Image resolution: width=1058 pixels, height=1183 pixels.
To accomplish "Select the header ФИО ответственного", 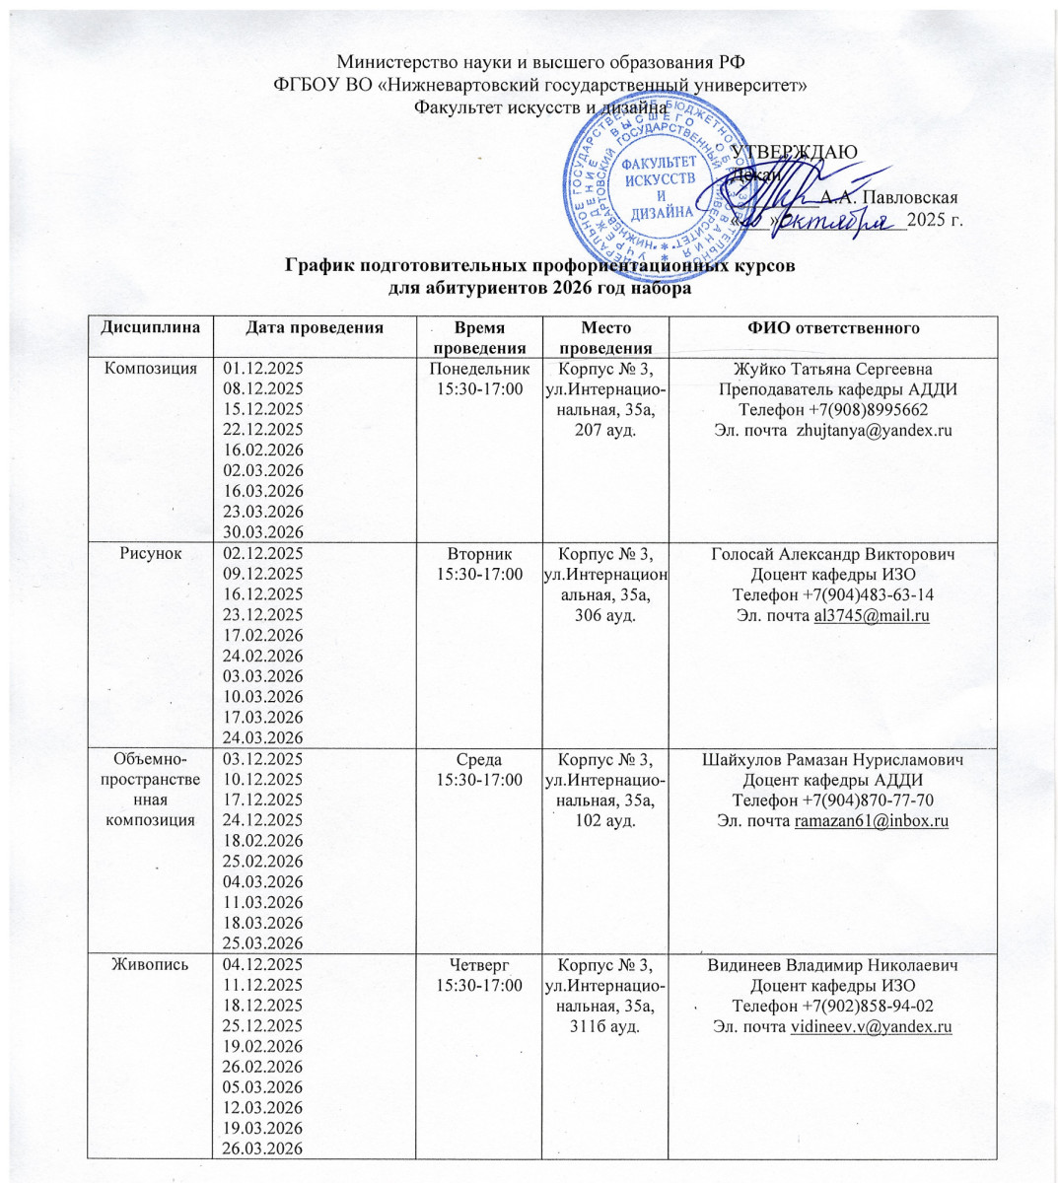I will tap(832, 327).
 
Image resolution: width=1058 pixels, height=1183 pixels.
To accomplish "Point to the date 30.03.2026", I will tap(264, 532).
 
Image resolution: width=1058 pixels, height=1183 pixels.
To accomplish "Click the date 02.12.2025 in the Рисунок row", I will tap(264, 553).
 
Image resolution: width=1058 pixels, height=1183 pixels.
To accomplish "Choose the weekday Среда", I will tap(476, 759).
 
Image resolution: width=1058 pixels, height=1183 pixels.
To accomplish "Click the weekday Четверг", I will tap(476, 965).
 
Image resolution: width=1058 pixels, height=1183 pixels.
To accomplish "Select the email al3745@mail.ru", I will tap(871, 615).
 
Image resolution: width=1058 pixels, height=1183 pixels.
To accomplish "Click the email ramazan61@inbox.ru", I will tap(871, 821).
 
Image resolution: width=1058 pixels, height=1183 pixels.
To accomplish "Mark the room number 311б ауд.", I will tap(604, 1027).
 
